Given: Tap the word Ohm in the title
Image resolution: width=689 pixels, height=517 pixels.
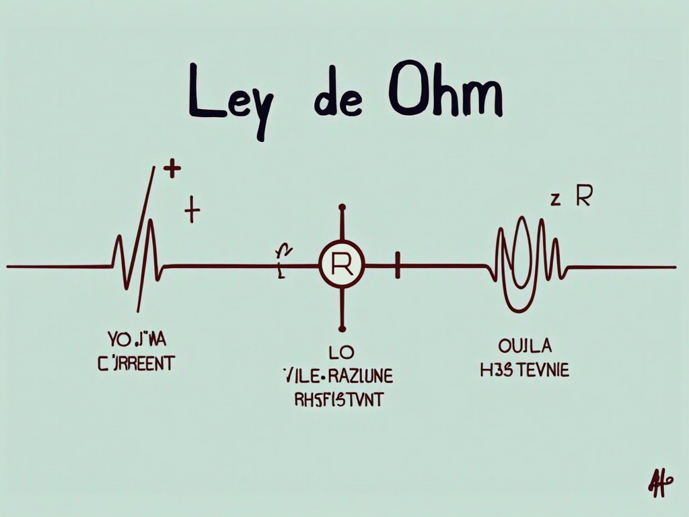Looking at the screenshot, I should coord(445,98).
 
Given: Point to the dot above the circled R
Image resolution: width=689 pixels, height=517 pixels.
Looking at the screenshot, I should coord(342,208).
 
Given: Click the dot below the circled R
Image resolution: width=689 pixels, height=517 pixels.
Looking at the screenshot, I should coord(342,329).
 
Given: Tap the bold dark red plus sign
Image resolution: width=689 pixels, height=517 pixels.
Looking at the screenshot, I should coord(173,169).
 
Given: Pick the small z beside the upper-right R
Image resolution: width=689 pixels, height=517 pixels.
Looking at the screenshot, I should coord(556,200).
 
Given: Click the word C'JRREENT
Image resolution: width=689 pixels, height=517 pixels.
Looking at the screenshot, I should coord(136,364).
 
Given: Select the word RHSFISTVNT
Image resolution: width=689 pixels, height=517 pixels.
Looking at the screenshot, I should coord(339,400).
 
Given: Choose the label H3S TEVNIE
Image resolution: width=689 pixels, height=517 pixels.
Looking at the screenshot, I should coord(525,371).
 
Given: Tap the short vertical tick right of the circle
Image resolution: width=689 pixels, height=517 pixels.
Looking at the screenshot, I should coord(398,267).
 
